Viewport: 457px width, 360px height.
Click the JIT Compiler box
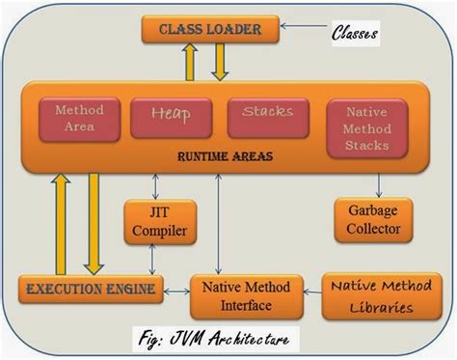click(x=157, y=222)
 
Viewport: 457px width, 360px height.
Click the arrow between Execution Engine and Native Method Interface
click(x=175, y=287)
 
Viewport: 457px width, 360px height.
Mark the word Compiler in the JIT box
click(x=157, y=231)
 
